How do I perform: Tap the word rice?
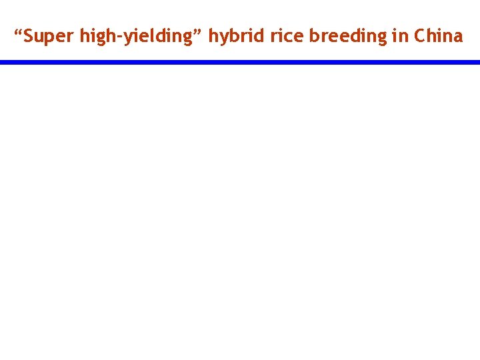285,36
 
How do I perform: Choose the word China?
438,36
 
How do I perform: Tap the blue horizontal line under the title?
240,62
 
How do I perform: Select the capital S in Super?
28,36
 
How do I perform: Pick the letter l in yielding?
150,36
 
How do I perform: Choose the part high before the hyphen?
99,36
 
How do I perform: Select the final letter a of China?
457,37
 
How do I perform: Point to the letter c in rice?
287,37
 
